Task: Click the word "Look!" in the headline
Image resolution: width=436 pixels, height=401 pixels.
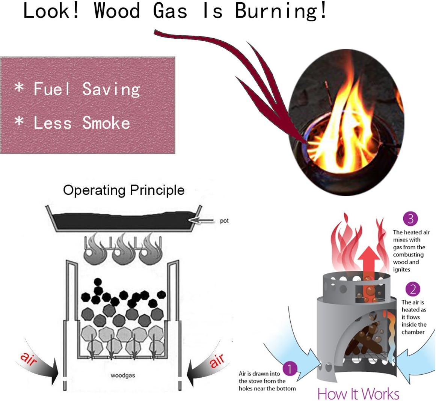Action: coord(51,11)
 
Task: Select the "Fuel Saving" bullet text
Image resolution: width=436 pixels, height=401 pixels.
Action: coord(87,89)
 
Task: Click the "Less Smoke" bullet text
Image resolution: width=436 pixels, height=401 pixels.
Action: coord(82,123)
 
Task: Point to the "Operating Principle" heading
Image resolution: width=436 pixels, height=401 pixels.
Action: coord(124,190)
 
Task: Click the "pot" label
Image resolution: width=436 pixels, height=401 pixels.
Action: coord(224,221)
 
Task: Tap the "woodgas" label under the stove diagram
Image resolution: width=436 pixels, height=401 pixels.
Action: coord(123,375)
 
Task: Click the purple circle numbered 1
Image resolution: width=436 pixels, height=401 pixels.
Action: coord(290,369)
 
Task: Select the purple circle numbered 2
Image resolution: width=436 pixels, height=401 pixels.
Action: coord(413,289)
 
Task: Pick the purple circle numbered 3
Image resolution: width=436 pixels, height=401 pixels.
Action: coord(410,219)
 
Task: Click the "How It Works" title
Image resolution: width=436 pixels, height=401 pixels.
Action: coord(358,394)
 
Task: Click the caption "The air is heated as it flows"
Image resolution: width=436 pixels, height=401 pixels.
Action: coord(413,317)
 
